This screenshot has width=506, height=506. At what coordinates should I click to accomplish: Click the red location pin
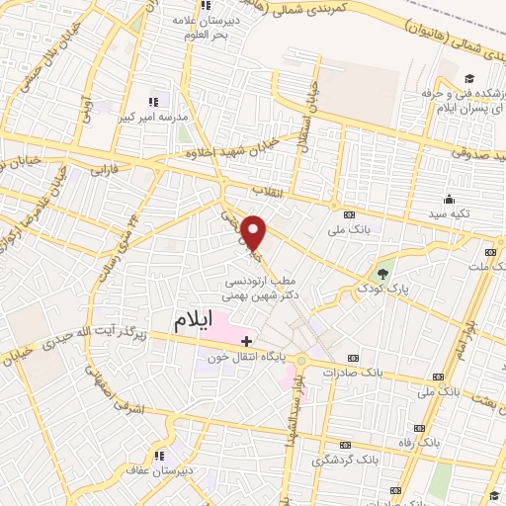coord(255,232)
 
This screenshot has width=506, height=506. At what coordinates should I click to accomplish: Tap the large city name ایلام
coord(194,322)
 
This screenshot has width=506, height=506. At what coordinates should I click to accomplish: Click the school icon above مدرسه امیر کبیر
coord(153,102)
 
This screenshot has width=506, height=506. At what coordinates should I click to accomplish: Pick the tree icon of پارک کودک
coord(383,274)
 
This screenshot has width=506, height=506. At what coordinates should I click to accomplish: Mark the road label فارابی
coord(103,170)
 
